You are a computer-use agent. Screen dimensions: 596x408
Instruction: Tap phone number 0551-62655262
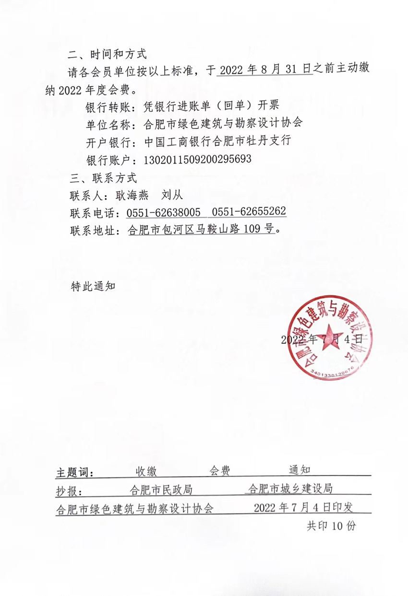pos(249,212)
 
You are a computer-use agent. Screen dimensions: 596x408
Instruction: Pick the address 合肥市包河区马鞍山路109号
pos(202,230)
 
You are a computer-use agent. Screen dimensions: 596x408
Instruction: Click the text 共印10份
pos(331,526)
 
